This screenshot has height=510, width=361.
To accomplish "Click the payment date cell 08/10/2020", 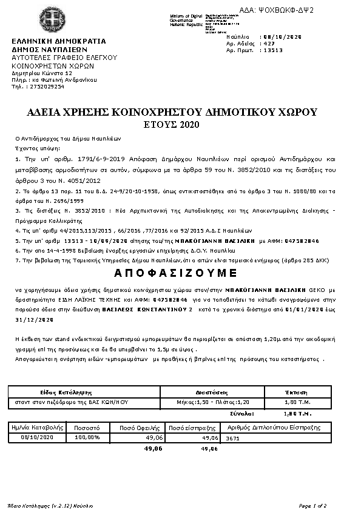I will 38,437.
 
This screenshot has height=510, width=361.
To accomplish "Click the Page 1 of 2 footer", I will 313,505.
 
